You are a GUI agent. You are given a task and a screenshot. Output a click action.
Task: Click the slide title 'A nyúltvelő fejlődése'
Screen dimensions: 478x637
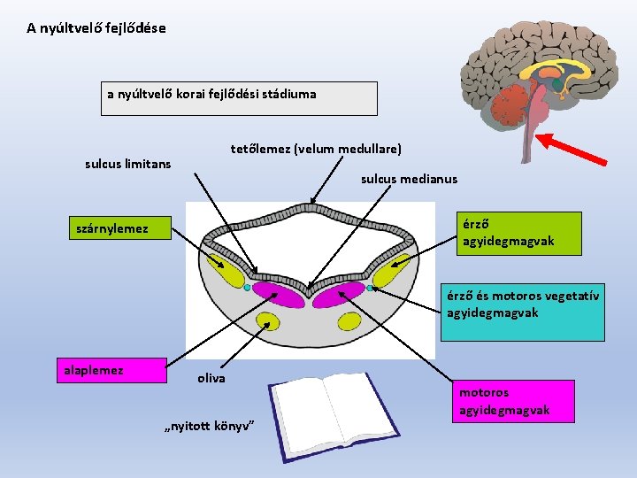[96, 28]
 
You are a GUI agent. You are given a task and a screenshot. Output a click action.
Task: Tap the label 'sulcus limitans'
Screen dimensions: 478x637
[127, 164]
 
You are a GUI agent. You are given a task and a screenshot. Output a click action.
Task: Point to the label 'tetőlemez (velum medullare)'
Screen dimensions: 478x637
[316, 148]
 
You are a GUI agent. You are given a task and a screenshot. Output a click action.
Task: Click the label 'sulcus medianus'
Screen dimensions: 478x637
[409, 179]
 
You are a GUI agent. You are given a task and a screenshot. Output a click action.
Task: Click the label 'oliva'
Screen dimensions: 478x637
[211, 378]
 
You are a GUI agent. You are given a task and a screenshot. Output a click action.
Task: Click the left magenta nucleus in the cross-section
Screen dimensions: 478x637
[277, 292]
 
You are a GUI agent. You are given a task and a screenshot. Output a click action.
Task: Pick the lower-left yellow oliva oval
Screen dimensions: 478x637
[266, 320]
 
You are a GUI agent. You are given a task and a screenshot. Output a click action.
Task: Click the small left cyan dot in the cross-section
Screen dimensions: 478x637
[247, 287]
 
